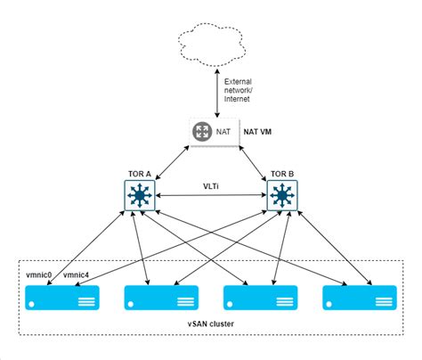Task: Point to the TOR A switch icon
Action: (139, 196)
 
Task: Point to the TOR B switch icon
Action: (282, 196)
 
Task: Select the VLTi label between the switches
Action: (211, 185)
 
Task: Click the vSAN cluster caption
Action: (211, 324)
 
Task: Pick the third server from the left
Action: (259, 299)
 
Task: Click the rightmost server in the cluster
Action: (358, 299)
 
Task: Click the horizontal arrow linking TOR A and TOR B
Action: (211, 197)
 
